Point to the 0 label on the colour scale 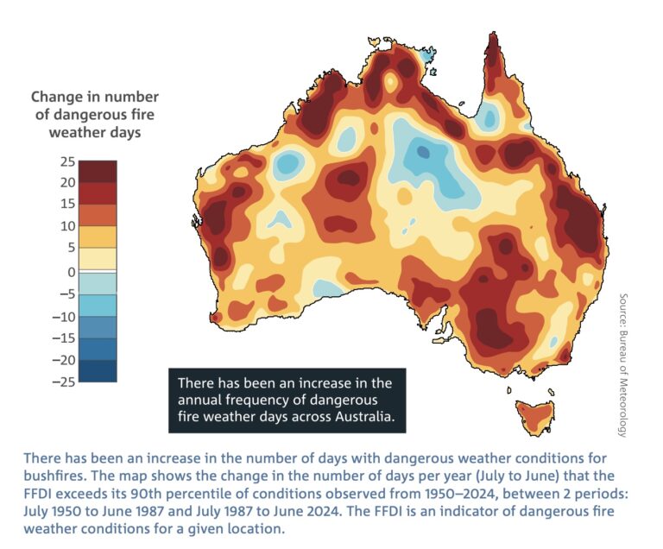[69, 272]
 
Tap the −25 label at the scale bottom [62, 382]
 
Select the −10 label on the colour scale [62, 316]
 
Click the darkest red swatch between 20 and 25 [98, 171]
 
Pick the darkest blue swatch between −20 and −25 [98, 371]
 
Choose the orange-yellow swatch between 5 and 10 [98, 237]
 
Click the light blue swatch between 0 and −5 [98, 283]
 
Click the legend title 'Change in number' [95, 98]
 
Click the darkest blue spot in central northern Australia [422, 152]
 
